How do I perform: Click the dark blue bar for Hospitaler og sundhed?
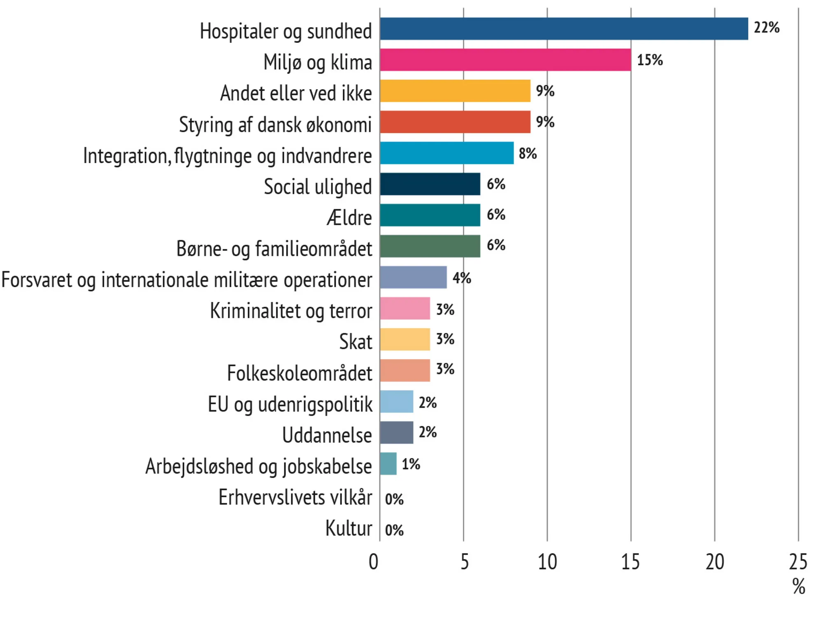[564, 29]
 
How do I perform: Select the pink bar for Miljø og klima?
[505, 60]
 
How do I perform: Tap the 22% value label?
[766, 28]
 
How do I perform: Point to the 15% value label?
[650, 60]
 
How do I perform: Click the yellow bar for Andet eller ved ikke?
[455, 91]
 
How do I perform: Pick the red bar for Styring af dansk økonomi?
[455, 122]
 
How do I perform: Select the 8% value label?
[528, 154]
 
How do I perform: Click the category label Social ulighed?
[318, 187]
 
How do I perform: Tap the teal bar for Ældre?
[430, 215]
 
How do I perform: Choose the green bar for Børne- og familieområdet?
[430, 246]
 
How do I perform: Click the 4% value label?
[462, 278]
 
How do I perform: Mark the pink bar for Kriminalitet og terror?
[405, 308]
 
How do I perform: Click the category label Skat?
[356, 342]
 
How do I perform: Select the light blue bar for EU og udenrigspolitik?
[396, 401]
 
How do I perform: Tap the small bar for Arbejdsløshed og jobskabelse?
[388, 463]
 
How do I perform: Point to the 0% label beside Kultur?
[394, 530]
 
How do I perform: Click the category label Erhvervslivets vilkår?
[295, 497]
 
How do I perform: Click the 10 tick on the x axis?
[547, 562]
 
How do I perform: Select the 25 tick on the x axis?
[798, 562]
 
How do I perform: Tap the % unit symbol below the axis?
[799, 586]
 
